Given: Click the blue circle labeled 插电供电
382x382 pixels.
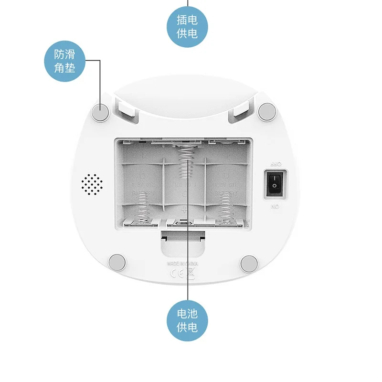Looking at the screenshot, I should pos(187,26).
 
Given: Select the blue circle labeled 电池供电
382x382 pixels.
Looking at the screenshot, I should pos(187,320).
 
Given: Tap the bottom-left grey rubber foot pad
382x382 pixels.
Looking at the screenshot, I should pos(116,262).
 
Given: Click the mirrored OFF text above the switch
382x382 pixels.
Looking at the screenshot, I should pos(276,163).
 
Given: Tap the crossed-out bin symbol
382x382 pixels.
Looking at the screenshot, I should pos(190,274).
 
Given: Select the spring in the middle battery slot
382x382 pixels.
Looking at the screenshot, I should pos(185,162).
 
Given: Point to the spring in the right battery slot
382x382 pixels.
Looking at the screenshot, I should pos(224,211).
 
